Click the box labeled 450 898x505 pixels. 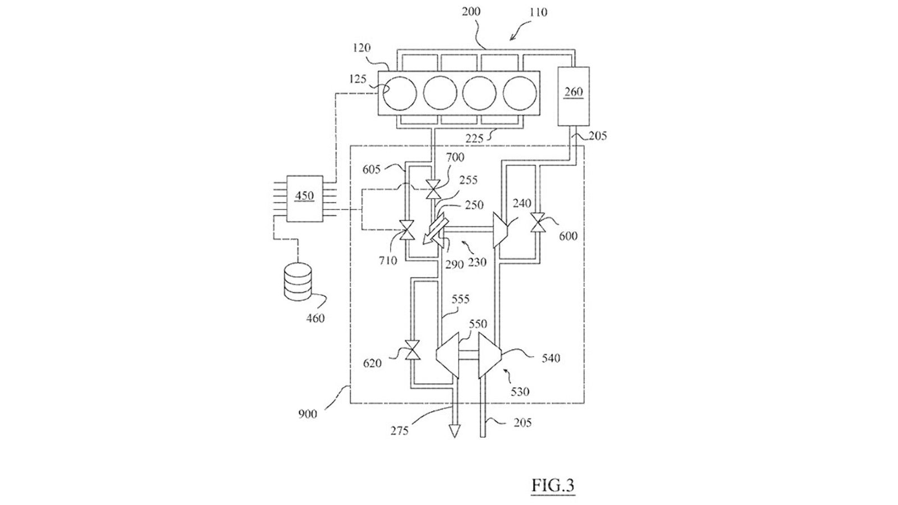pos(305,199)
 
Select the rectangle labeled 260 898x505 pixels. pos(573,97)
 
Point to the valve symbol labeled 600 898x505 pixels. pos(536,222)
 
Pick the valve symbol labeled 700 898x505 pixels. pos(433,189)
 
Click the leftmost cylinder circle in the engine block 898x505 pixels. pos(400,93)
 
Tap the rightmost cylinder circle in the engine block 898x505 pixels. pos(520,93)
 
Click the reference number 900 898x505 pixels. pos(308,414)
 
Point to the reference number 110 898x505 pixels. pos(538,12)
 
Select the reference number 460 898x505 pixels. pos(315,318)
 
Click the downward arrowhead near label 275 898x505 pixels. pos(454,431)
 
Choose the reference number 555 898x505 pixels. pos(460,300)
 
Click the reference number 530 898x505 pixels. pos(520,391)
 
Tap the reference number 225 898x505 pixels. pos(475,139)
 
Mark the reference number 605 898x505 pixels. pos(371,170)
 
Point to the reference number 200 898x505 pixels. pos(471,12)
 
